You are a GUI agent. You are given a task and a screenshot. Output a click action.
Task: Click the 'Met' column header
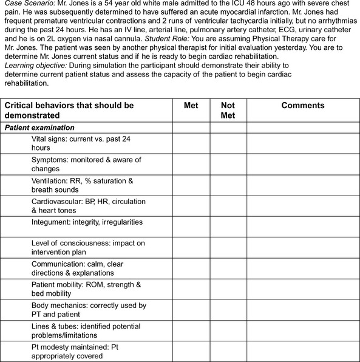pyautogui.click(x=191, y=106)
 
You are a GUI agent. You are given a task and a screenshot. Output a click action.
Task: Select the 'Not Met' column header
pyautogui.click(x=228, y=110)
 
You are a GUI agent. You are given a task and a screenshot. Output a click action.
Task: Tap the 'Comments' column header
pyautogui.click(x=303, y=106)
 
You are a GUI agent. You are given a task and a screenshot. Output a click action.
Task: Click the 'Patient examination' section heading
pyautogui.click(x=39, y=128)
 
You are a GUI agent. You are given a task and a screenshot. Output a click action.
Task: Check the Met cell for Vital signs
pyautogui.click(x=191, y=143)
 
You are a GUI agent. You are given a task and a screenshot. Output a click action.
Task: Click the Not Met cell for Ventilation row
pyautogui.click(x=228, y=186)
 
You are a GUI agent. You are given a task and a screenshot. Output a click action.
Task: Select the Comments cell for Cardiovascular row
pyautogui.click(x=303, y=206)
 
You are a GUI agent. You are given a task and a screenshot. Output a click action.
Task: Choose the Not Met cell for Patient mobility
pyautogui.click(x=228, y=288)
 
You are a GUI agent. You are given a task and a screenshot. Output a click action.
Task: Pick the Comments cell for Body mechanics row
pyautogui.click(x=303, y=309)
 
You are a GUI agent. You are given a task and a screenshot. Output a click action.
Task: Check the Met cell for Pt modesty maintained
pyautogui.click(x=191, y=351)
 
